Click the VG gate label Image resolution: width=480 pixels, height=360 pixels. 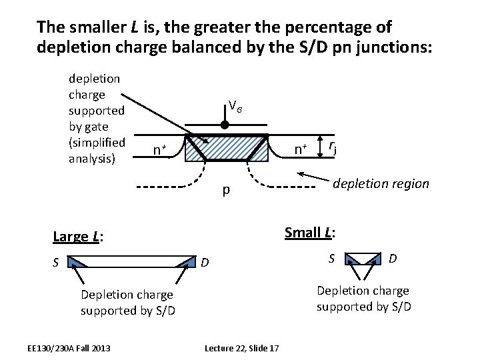coord(235,105)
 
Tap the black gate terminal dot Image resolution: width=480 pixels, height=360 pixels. coord(225,125)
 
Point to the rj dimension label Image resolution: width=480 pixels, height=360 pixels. coord(333,147)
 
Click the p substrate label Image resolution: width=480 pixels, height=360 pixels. coord(226,191)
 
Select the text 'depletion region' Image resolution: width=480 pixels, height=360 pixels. coord(381,183)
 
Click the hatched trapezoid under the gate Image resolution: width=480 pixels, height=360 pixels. coord(227,147)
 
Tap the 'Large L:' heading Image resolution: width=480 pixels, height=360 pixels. coord(77,236)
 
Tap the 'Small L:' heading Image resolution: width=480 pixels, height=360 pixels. coord(310,232)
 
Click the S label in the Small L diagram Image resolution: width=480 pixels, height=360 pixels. coord(331,256)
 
